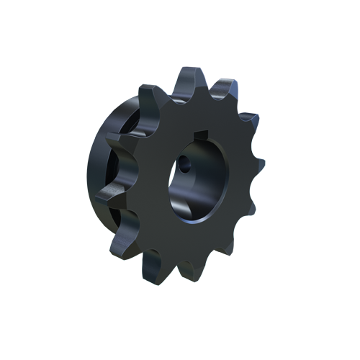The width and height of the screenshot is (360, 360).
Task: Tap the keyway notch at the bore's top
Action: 204,135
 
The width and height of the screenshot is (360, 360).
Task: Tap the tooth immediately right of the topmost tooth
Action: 229,92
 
